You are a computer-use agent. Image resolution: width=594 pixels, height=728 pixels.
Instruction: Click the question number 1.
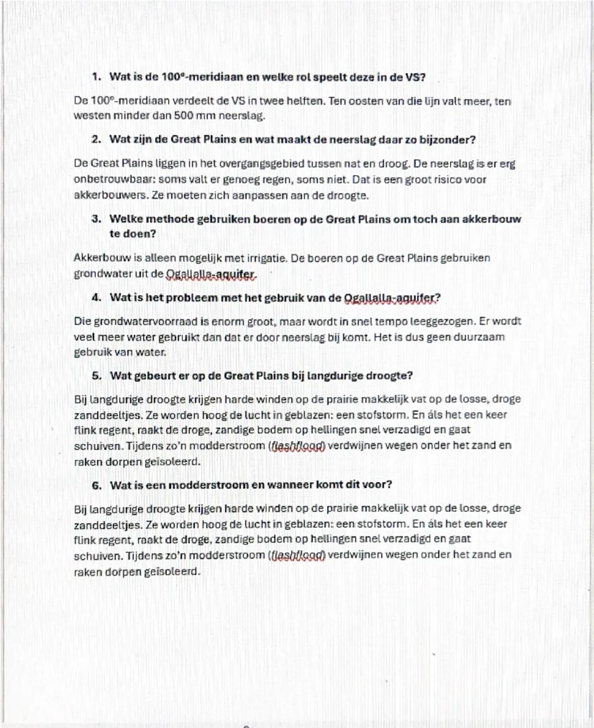96,77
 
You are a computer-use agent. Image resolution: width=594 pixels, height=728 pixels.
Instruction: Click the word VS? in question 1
415,77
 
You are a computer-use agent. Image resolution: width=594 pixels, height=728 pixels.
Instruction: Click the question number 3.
96,219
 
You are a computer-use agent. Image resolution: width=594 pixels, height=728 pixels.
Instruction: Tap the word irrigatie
266,258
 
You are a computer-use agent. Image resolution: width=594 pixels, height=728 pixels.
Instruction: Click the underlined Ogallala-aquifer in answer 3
211,274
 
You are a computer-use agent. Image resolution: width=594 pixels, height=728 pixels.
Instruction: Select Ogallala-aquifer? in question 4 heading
392,299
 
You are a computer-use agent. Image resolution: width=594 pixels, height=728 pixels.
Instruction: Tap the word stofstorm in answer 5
383,415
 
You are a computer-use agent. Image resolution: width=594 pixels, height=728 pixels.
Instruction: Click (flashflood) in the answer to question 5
297,446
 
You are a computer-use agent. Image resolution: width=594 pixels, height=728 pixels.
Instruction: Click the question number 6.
97,486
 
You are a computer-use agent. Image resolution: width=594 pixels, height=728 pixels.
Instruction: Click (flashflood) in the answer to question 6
297,556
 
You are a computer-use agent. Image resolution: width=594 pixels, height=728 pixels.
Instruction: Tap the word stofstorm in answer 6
383,525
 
